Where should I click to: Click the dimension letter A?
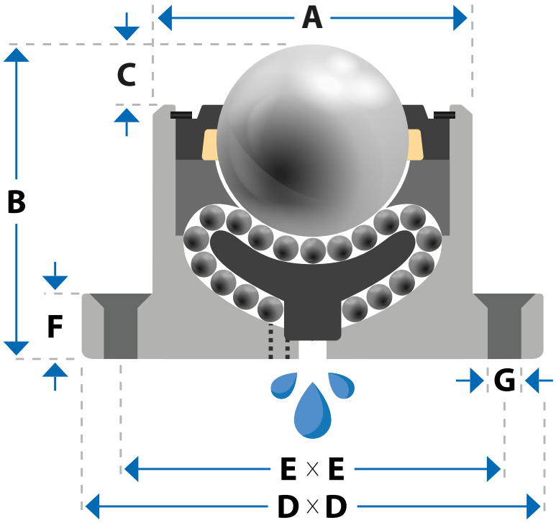coord(312,18)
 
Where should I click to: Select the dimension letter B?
coord(17,201)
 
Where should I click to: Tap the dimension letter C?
coord(127,75)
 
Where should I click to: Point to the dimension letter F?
coord(55,326)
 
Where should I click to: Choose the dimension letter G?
coord(505,380)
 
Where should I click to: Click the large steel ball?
coord(313,140)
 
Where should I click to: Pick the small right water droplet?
coord(341,385)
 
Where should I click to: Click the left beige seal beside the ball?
coord(209,145)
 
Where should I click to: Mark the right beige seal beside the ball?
coord(416,145)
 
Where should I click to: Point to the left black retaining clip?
coord(181,115)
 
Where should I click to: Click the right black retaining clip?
coord(445,115)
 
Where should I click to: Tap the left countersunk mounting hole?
coord(121,325)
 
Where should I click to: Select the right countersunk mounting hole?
coord(505,325)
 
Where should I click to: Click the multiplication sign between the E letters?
coord(312,469)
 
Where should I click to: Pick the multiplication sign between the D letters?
coord(312,506)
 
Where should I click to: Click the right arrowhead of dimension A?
coord(460,18)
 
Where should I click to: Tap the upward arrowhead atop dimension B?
coord(17,55)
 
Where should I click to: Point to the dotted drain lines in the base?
coord(279,340)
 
